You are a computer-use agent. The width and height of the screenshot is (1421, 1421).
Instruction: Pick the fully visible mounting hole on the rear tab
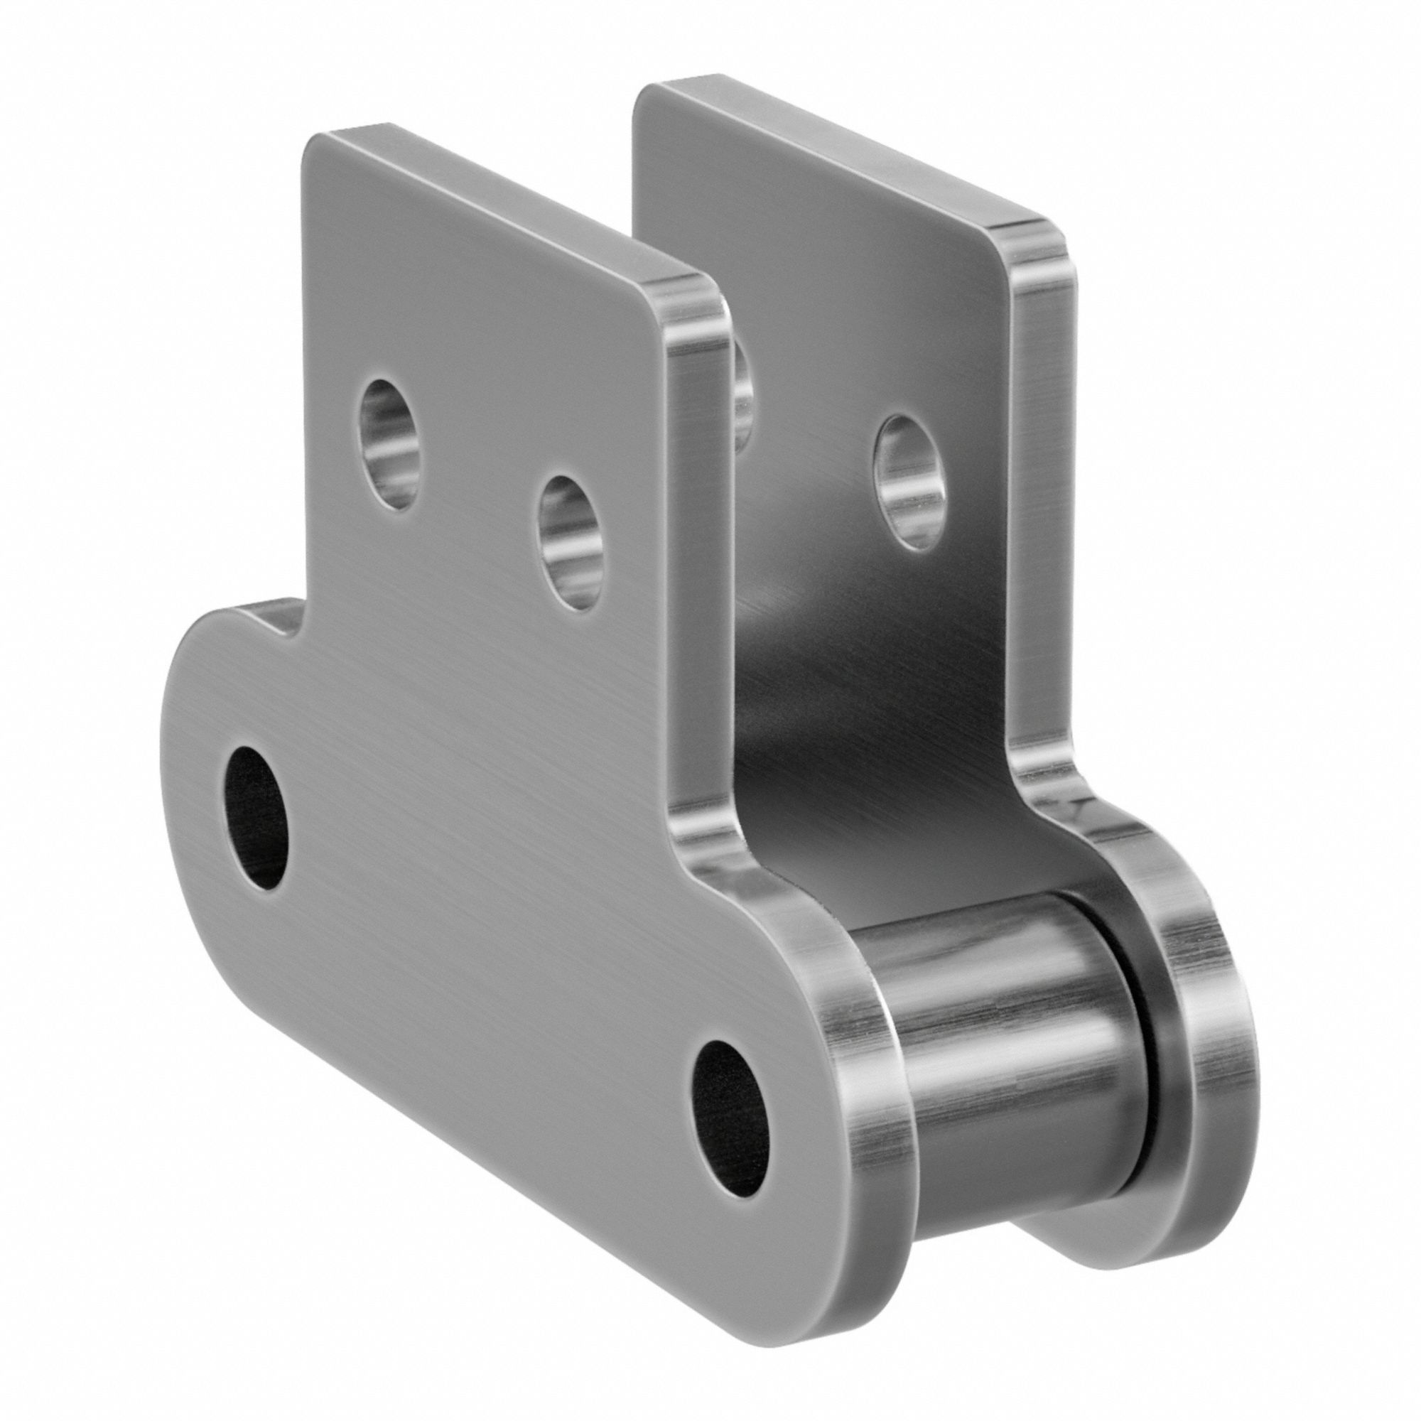click(906, 482)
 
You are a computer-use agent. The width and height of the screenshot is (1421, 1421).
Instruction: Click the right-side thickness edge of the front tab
click(695, 551)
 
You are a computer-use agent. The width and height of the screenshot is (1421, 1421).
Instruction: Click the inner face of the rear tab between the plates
click(845, 698)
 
